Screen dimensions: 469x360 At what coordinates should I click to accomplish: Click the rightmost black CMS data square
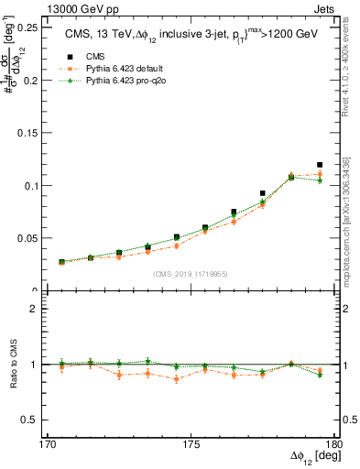[x=320, y=165]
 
